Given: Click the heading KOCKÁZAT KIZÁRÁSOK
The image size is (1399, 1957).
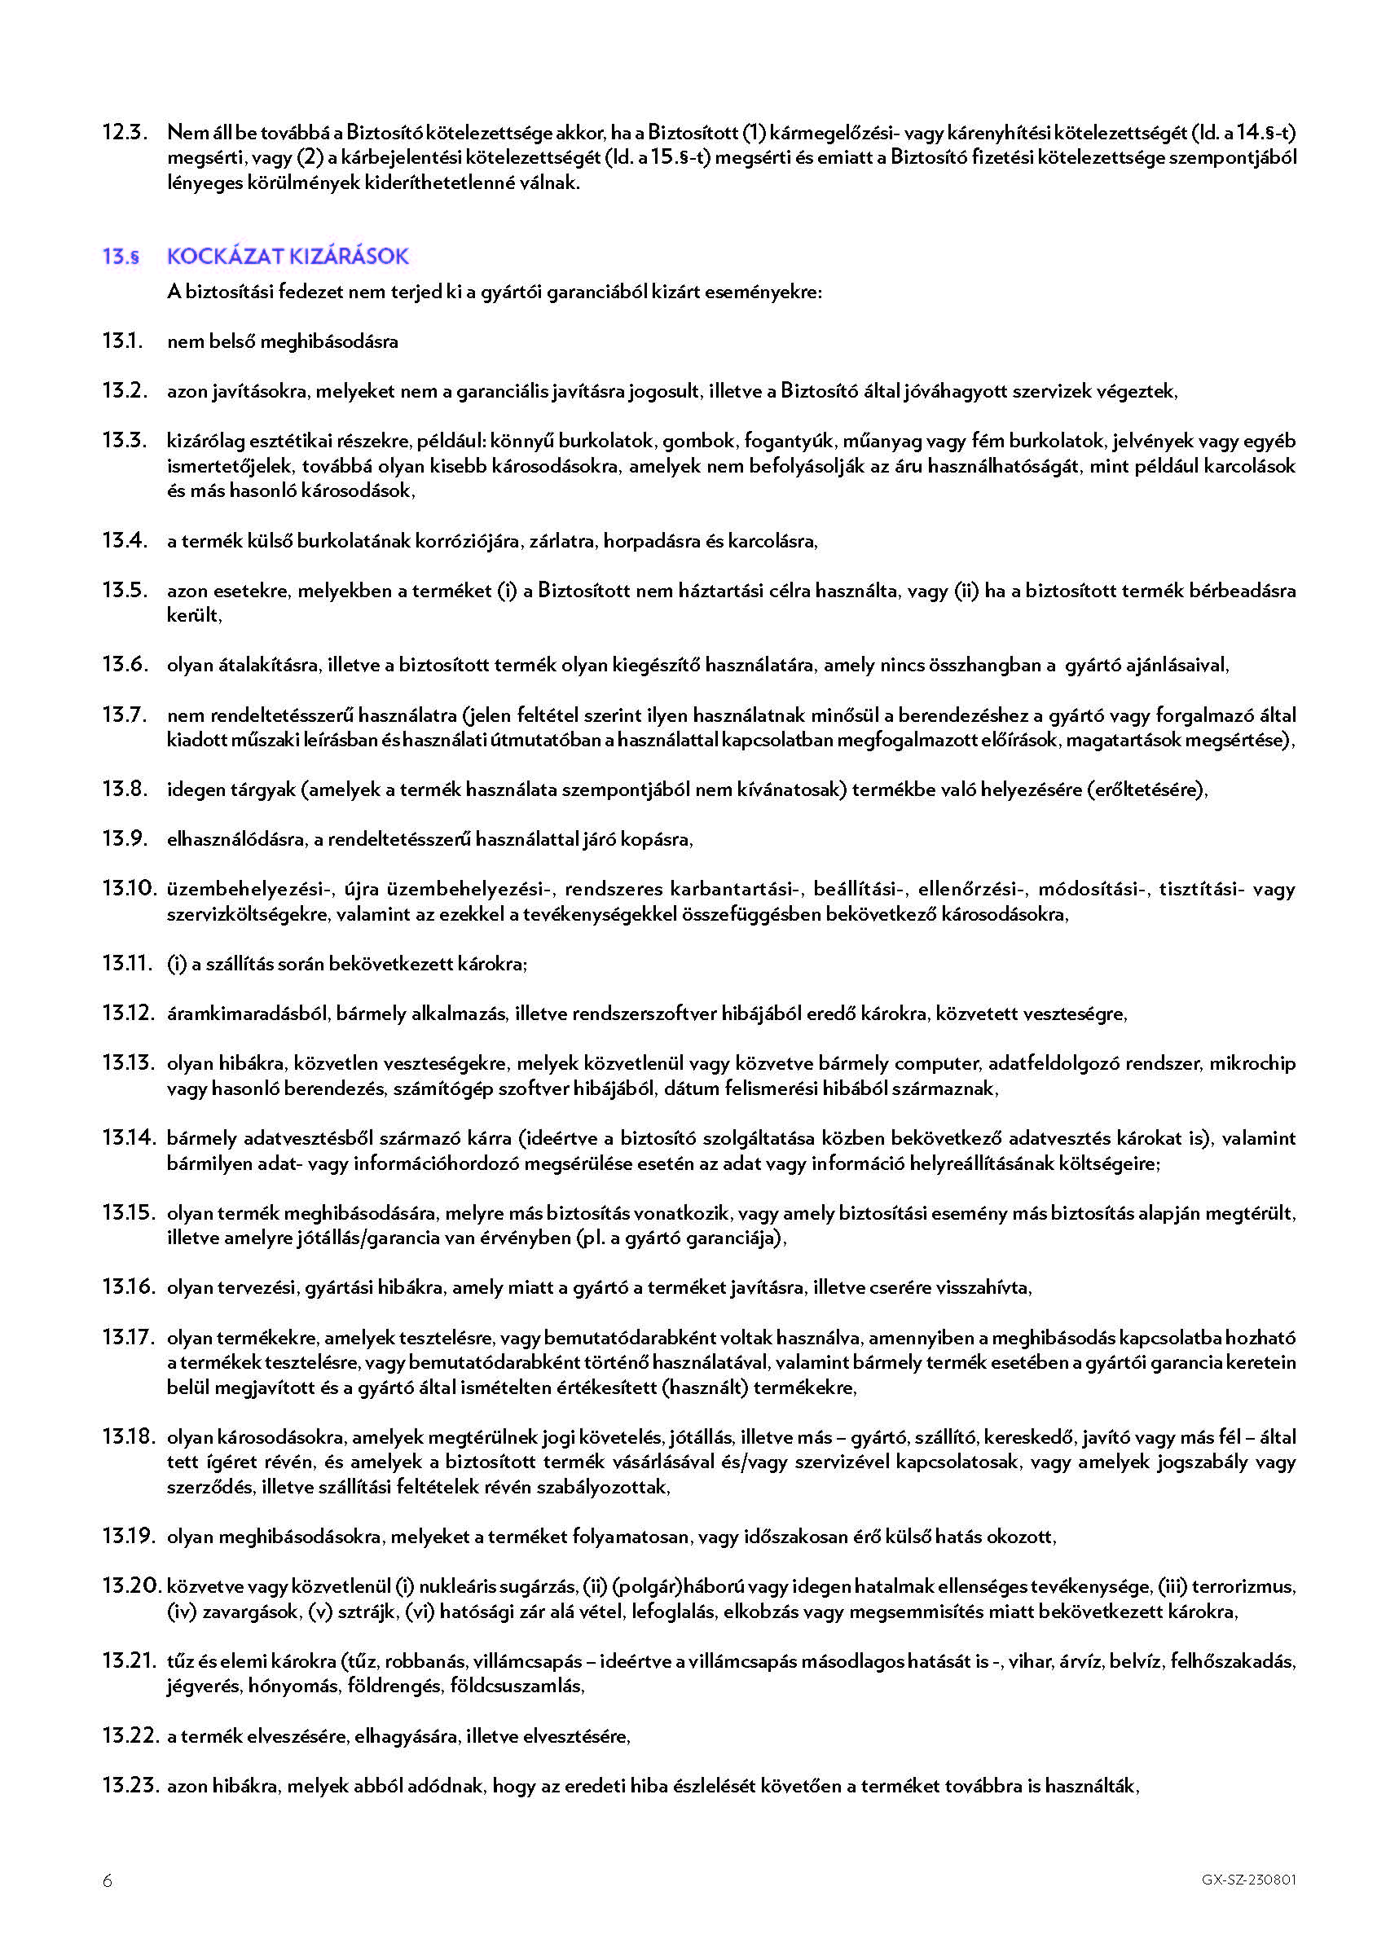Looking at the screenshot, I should pyautogui.click(x=288, y=256).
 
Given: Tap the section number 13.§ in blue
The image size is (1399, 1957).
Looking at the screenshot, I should pyautogui.click(x=121, y=257).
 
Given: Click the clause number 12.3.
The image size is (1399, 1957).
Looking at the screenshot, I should pyautogui.click(x=125, y=133).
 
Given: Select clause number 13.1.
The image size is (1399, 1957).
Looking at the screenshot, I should pyautogui.click(x=122, y=341).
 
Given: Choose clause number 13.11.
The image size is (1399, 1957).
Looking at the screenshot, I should pyautogui.click(x=126, y=963).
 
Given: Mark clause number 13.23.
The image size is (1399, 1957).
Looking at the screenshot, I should pyautogui.click(x=130, y=1786).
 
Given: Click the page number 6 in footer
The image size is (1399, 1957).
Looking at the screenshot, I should pyautogui.click(x=108, y=1881).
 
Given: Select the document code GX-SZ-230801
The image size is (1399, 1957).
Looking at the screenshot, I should pyautogui.click(x=1248, y=1880).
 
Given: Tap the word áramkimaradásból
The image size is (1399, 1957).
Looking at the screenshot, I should pyautogui.click(x=247, y=1014).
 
